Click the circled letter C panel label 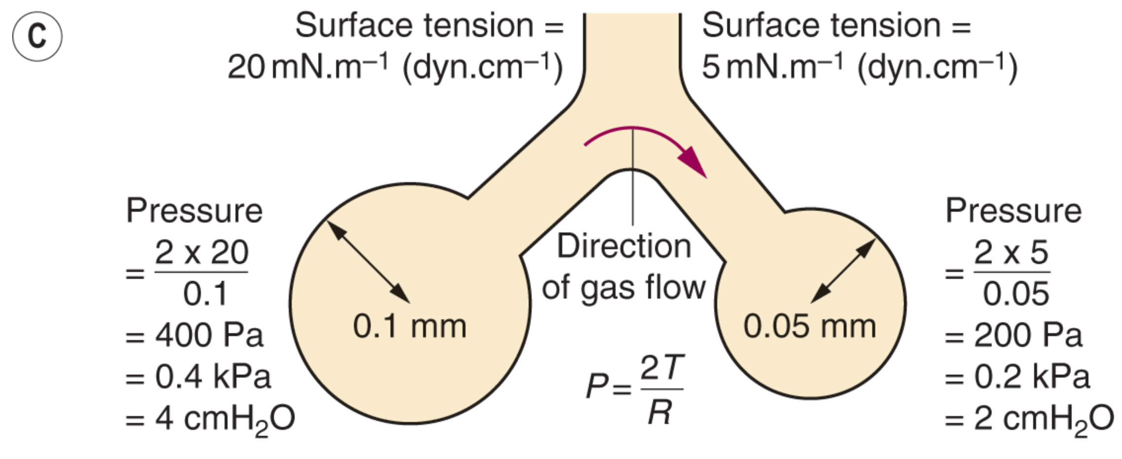click(x=37, y=37)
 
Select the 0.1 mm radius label click(x=409, y=327)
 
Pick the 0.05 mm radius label click(x=810, y=327)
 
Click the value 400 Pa click(x=209, y=336)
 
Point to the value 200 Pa click(x=1028, y=336)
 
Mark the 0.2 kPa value click(x=1032, y=378)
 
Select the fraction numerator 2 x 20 click(x=201, y=253)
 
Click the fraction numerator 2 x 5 click(x=1011, y=253)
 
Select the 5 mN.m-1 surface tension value click(x=773, y=68)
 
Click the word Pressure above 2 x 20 click(x=194, y=211)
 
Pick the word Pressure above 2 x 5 click(x=1013, y=211)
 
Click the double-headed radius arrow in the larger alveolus click(x=368, y=262)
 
